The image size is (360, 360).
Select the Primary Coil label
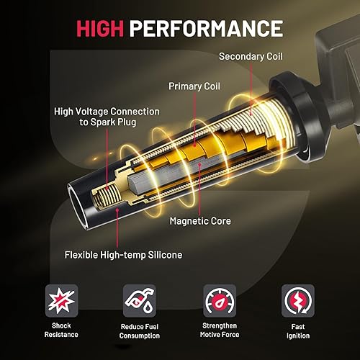194,86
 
